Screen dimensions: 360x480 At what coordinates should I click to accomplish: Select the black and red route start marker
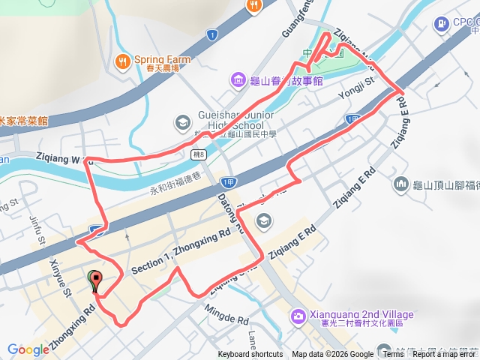94,281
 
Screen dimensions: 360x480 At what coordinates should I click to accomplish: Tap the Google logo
28,349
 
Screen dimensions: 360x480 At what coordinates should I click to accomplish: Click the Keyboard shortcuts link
250,355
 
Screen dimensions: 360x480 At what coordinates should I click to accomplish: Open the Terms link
392,355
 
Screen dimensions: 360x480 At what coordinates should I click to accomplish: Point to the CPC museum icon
439,22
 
